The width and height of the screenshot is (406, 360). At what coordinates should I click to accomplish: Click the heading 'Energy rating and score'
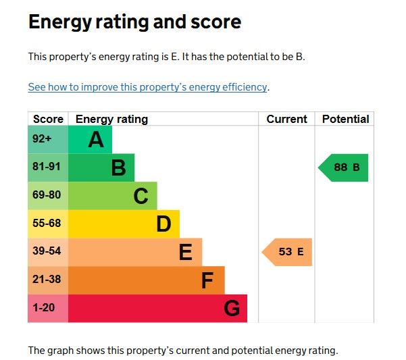coord(134,22)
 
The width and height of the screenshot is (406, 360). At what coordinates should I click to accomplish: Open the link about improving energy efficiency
coord(148,87)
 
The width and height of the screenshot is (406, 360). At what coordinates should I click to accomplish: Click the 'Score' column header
coord(48,120)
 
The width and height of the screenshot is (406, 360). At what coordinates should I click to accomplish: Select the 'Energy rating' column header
coord(111,120)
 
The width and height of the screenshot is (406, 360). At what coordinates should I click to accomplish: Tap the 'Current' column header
coord(286,120)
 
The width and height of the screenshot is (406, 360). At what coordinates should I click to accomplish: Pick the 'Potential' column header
coord(345,120)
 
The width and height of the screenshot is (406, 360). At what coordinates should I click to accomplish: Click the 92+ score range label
coord(42,139)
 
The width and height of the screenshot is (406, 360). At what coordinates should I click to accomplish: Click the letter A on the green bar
coord(96,140)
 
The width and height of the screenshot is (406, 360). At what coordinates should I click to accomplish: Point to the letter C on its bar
coord(141,196)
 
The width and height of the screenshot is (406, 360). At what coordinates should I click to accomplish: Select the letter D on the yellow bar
coord(163,224)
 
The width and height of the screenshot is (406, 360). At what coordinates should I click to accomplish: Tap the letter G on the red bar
coord(231,309)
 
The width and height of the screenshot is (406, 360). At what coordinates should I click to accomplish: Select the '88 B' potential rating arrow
coord(344,168)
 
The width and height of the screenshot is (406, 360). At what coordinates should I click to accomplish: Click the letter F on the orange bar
coord(207,280)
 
